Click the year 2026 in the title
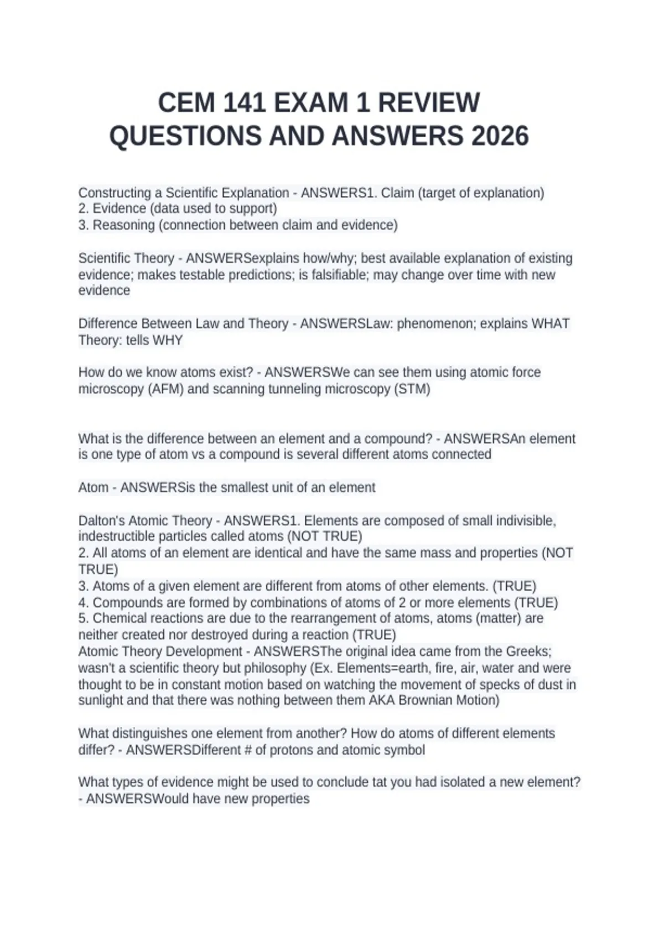point(500,136)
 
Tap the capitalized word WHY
point(168,340)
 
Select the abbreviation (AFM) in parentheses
point(165,389)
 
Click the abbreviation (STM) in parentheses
point(412,389)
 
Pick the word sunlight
point(101,700)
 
